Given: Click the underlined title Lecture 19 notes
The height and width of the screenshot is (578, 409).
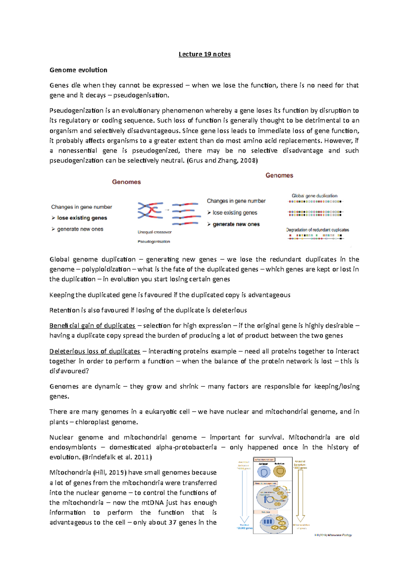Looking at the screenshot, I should [204, 54].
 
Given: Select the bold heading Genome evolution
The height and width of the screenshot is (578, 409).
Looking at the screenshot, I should [78, 70].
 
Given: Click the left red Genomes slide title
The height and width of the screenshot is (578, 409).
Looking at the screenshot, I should [126, 182].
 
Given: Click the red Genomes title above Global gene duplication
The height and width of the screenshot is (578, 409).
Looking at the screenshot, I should [279, 175].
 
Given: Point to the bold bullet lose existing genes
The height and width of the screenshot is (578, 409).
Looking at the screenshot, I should [82, 218].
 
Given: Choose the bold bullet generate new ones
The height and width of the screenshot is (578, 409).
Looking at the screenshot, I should [236, 224].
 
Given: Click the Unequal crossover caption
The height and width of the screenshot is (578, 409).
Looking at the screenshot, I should [154, 232].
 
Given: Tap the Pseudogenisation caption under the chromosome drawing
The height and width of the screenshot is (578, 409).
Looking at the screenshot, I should [154, 241].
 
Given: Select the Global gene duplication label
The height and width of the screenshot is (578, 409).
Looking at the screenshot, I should [314, 196].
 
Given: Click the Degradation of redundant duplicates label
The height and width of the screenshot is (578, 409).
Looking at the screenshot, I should [317, 230].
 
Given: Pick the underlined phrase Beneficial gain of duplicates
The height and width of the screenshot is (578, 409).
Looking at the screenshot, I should [92, 325].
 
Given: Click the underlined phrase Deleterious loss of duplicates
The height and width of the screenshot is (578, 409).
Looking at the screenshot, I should [94, 351].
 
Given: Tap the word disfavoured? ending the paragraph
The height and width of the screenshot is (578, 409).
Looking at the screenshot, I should [69, 371].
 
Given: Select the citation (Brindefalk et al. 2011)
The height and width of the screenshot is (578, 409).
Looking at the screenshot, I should [117, 457].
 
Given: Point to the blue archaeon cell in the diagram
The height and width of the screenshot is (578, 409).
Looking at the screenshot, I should [264, 472].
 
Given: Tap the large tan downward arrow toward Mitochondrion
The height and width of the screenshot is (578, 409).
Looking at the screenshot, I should [300, 494].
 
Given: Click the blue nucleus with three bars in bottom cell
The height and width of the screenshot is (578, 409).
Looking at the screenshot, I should [268, 521].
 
